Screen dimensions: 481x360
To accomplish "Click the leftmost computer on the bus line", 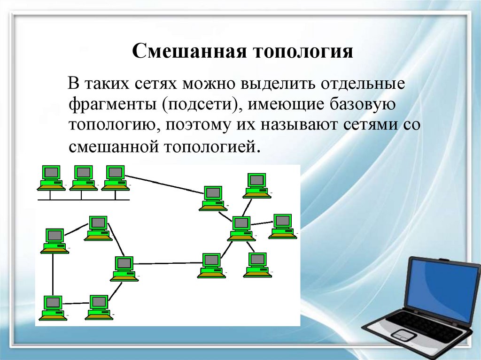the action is click(51, 177).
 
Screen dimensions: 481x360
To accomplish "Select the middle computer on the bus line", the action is click(84, 177).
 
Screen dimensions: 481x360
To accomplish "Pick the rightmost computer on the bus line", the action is click(116, 177).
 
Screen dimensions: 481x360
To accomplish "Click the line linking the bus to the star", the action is click(164, 184).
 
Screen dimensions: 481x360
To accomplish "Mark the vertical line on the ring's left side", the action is click(53, 275).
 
